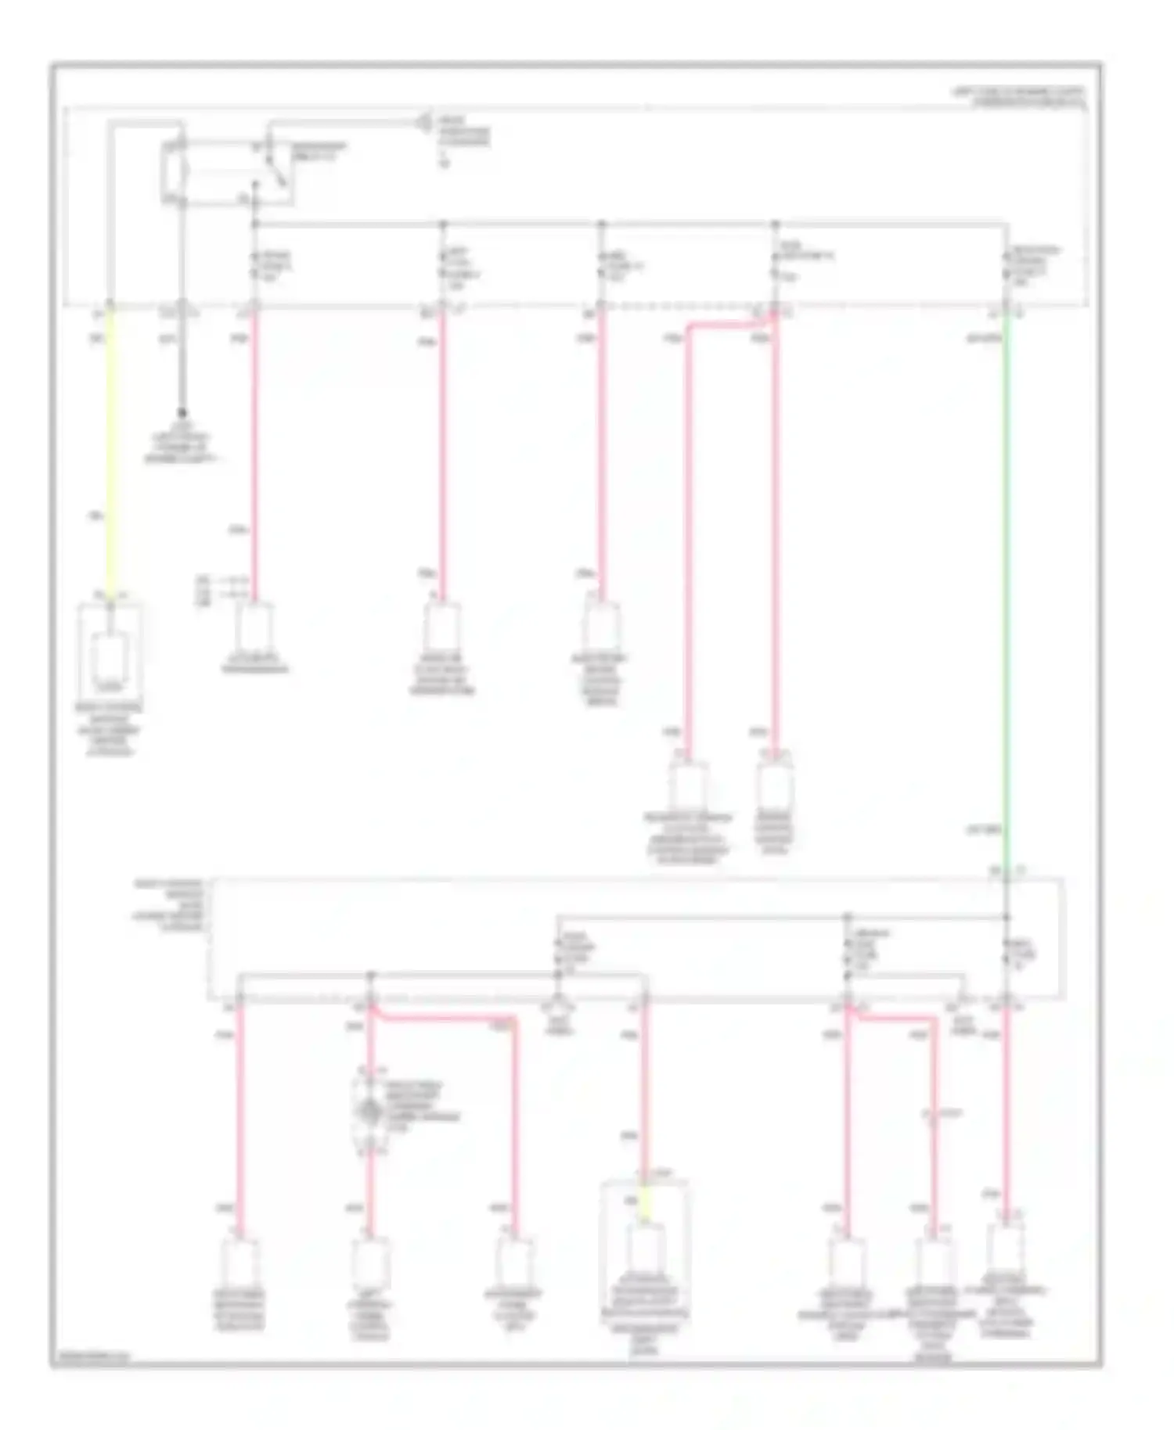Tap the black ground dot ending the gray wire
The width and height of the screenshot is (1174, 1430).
pyautogui.click(x=182, y=412)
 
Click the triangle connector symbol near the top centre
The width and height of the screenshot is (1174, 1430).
pyautogui.click(x=425, y=123)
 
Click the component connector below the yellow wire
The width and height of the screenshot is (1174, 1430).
pyautogui.click(x=110, y=657)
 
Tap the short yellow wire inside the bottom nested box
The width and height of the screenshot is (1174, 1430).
pyautogui.click(x=644, y=1205)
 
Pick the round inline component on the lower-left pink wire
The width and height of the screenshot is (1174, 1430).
pyautogui.click(x=369, y=1111)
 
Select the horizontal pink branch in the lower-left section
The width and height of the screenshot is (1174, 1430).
pyautogui.click(x=443, y=1018)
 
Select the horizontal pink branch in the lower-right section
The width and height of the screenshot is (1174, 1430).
pyautogui.click(x=892, y=1018)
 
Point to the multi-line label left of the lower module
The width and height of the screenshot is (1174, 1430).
pyautogui.click(x=170, y=905)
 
